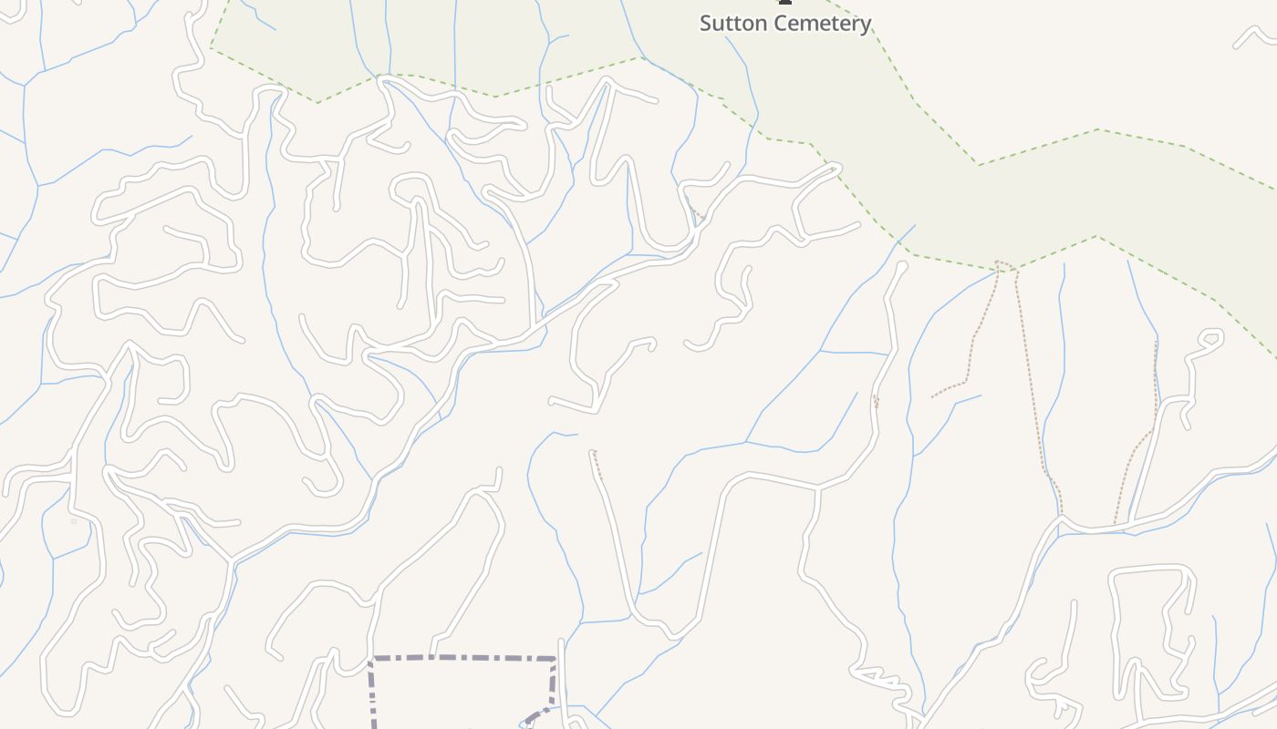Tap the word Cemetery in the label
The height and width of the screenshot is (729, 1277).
pos(825,24)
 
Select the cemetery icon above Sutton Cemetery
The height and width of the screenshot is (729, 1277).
pos(784,2)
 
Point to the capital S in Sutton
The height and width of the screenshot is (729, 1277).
pos(706,24)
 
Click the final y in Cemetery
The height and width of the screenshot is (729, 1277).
pos(866,26)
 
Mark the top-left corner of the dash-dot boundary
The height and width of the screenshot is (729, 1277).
pos(370,658)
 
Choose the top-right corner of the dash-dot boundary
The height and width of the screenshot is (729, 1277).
pos(555,658)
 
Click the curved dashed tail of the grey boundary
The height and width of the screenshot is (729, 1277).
pos(537,714)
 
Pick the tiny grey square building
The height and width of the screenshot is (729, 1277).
pos(74,521)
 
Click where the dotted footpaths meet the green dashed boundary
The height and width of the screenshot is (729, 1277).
pos(1004,266)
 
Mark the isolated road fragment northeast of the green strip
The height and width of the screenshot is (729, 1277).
pos(1253,36)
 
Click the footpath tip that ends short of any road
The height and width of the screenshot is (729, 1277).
pos(932,396)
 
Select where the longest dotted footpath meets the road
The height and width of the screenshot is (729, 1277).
pos(1061,517)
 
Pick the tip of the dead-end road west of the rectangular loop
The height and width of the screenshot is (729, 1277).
pos(1075,602)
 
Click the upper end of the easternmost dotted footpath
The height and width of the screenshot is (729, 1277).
pos(1156,343)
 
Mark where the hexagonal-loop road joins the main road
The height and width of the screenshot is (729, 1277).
pos(1131,522)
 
